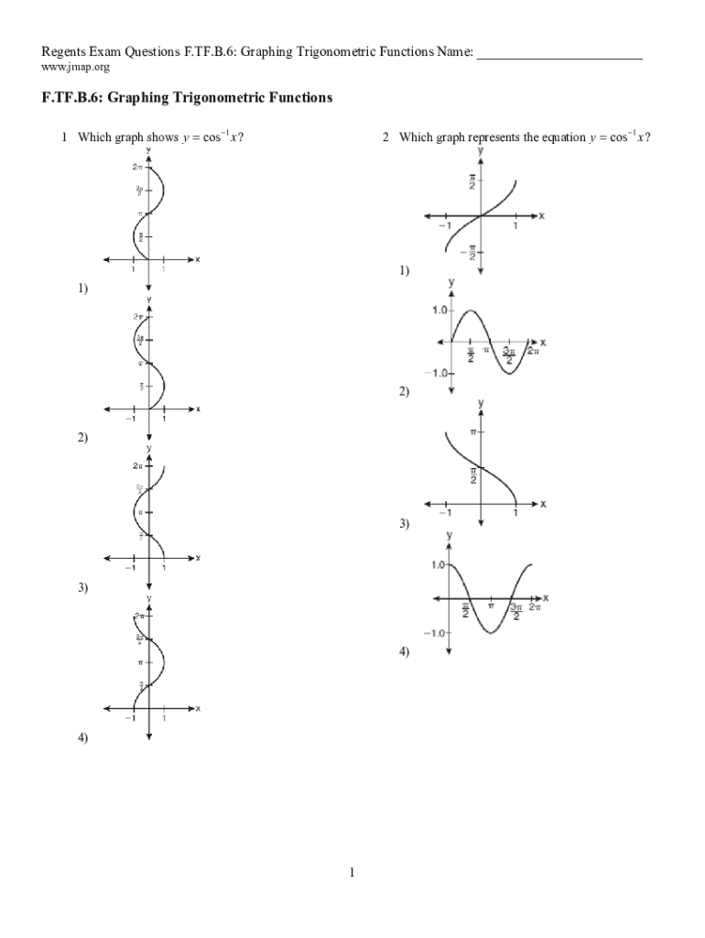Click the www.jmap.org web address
pyautogui.click(x=76, y=68)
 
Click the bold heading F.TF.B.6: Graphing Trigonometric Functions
pyautogui.click(x=187, y=97)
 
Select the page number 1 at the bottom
pyautogui.click(x=352, y=873)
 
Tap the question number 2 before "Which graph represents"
pyautogui.click(x=386, y=137)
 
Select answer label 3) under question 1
pyautogui.click(x=82, y=588)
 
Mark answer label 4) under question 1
pyautogui.click(x=82, y=737)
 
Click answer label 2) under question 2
pyautogui.click(x=404, y=391)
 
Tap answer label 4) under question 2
pyautogui.click(x=404, y=651)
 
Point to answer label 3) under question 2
pyautogui.click(x=404, y=524)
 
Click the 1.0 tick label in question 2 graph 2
pyautogui.click(x=439, y=311)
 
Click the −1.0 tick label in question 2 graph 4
pyautogui.click(x=433, y=633)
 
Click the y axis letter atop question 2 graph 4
pyautogui.click(x=450, y=535)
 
